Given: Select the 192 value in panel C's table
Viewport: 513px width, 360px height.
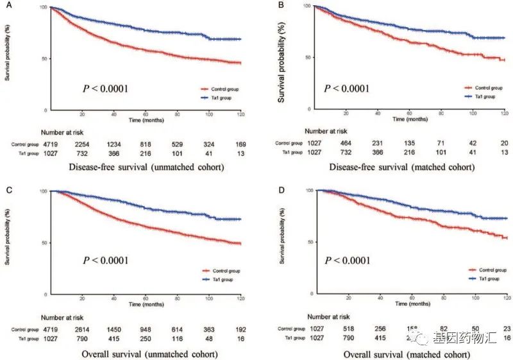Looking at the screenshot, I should [x=239, y=327].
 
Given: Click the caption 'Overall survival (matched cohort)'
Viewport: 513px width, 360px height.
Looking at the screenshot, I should [x=396, y=352].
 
